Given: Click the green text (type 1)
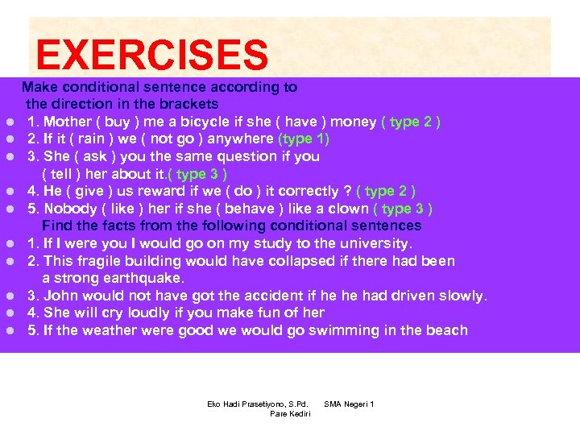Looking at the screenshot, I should pyautogui.click(x=304, y=139).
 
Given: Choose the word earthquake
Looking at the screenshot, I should pyautogui.click(x=144, y=278).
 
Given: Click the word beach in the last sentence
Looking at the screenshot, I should pyautogui.click(x=448, y=330).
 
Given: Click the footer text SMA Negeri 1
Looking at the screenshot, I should pyautogui.click(x=349, y=404).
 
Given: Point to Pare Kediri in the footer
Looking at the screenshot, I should pyautogui.click(x=290, y=414).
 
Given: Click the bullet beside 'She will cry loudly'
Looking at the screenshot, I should pyautogui.click(x=9, y=313).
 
